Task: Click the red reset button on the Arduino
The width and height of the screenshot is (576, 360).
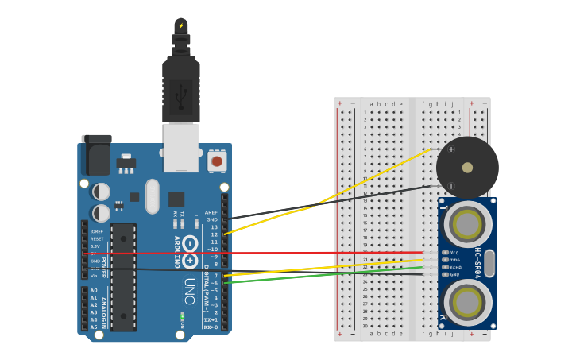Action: [x=216, y=161]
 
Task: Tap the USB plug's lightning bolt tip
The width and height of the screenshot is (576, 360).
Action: [x=180, y=26]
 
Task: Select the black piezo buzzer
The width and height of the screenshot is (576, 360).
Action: [x=467, y=168]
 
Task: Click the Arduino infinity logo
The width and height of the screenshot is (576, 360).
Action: [x=190, y=252]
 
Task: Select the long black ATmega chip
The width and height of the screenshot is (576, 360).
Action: [x=123, y=277]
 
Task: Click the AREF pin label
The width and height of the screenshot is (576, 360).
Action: [x=211, y=212]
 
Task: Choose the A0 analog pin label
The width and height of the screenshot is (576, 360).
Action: [x=94, y=290]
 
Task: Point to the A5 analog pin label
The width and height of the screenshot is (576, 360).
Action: [x=94, y=327]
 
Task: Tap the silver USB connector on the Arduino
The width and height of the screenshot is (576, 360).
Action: [x=181, y=147]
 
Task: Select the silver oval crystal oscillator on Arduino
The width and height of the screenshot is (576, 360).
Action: [x=152, y=195]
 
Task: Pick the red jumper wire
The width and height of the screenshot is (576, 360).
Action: [x=262, y=253]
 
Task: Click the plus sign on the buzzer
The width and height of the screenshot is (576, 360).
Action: [x=451, y=149]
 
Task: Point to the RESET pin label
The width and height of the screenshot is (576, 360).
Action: [x=96, y=238]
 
